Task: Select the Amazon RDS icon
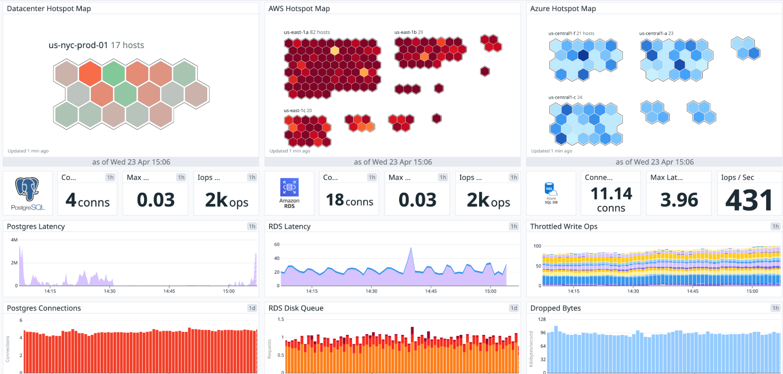(289, 188)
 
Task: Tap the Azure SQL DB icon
(551, 190)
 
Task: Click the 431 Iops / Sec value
(749, 200)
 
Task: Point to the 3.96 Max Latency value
(679, 200)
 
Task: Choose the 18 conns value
(349, 200)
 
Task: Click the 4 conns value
(87, 200)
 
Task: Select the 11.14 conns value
(611, 200)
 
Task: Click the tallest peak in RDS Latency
(411, 248)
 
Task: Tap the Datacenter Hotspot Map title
(49, 9)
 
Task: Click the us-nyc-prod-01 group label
(78, 45)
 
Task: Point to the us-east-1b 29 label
(408, 32)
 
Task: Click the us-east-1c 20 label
(298, 110)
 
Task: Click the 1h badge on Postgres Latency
(252, 226)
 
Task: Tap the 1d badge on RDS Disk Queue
(514, 308)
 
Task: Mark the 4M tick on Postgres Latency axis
(14, 240)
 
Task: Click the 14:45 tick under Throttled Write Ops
(692, 291)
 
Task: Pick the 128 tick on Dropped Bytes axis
(542, 319)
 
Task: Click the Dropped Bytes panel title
(555, 308)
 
